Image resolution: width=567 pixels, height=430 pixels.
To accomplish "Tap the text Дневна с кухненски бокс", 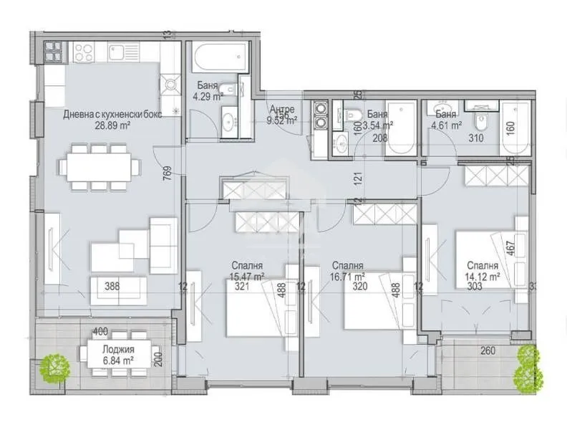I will tap(107, 114).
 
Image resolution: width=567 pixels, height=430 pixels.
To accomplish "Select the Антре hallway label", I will tap(281, 110).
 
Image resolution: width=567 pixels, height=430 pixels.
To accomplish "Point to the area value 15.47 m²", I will tap(248, 274).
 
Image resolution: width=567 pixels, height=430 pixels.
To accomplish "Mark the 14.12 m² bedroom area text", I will tap(483, 274).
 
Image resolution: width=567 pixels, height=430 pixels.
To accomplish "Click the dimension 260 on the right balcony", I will tap(487, 351).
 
